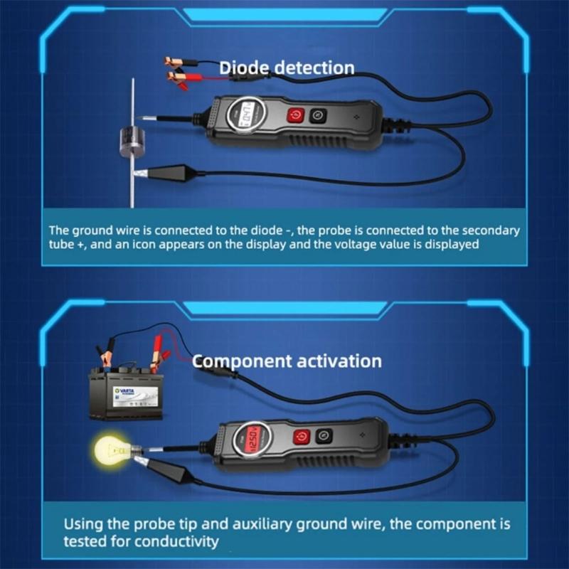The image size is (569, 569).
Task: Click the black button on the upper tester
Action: point(318,115)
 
